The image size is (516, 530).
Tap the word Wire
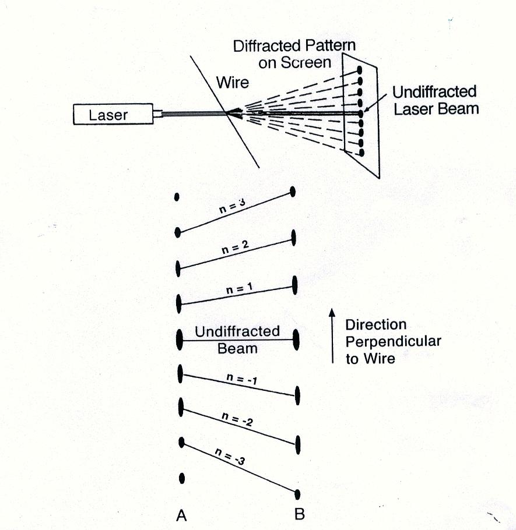tap(233, 82)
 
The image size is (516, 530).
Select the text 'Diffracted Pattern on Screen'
tap(294, 54)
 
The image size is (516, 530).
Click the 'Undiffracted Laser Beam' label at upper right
tap(434, 100)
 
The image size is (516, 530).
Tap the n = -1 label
tap(241, 380)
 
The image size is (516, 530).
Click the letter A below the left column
tap(181, 515)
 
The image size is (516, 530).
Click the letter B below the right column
tap(299, 514)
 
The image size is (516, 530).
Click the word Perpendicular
tap(393, 341)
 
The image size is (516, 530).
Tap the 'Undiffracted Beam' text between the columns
tap(237, 340)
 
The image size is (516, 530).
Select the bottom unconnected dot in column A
tap(182, 478)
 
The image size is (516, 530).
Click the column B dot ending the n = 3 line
tap(293, 192)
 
